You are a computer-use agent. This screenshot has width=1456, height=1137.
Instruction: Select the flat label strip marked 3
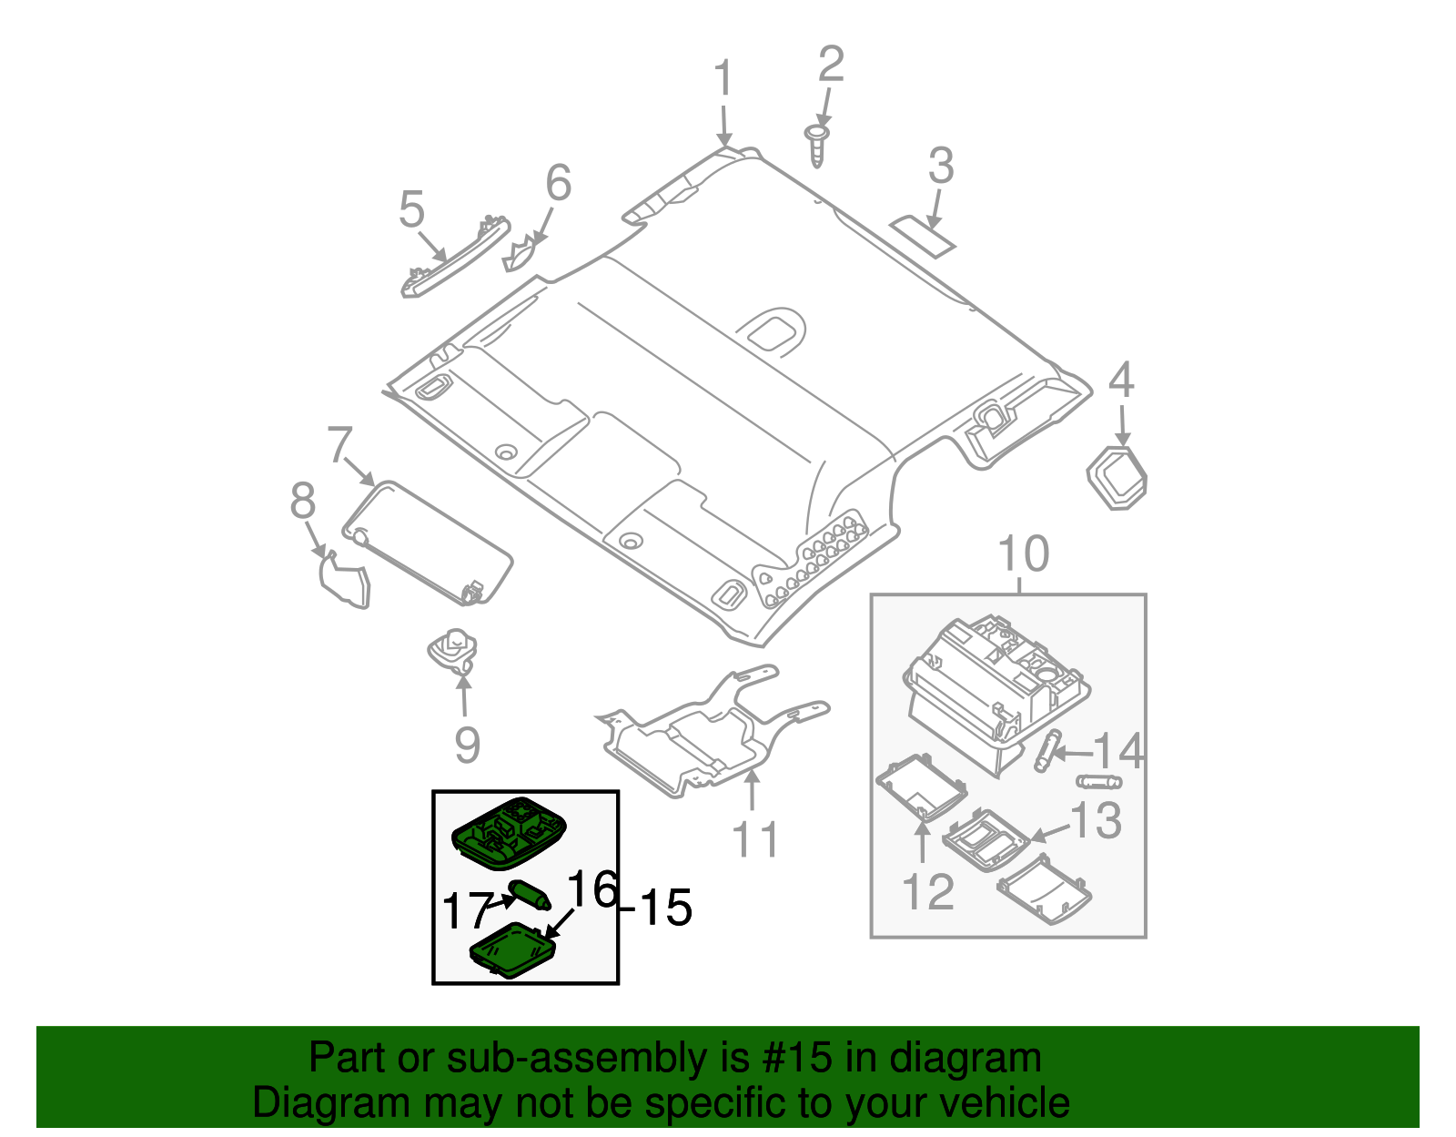pos(922,233)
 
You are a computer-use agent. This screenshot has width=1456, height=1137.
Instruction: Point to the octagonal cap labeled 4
pos(1117,476)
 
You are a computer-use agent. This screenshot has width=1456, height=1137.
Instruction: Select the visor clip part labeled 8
pos(346,580)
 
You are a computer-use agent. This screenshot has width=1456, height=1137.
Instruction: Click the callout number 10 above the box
pos(1023,554)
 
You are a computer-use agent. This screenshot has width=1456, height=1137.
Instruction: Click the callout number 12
pos(928,892)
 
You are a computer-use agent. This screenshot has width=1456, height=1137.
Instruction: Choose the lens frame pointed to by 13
pos(986,838)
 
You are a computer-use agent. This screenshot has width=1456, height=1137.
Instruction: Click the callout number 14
pos(1117,752)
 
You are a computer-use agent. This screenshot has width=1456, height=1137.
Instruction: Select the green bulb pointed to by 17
pos(529,894)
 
